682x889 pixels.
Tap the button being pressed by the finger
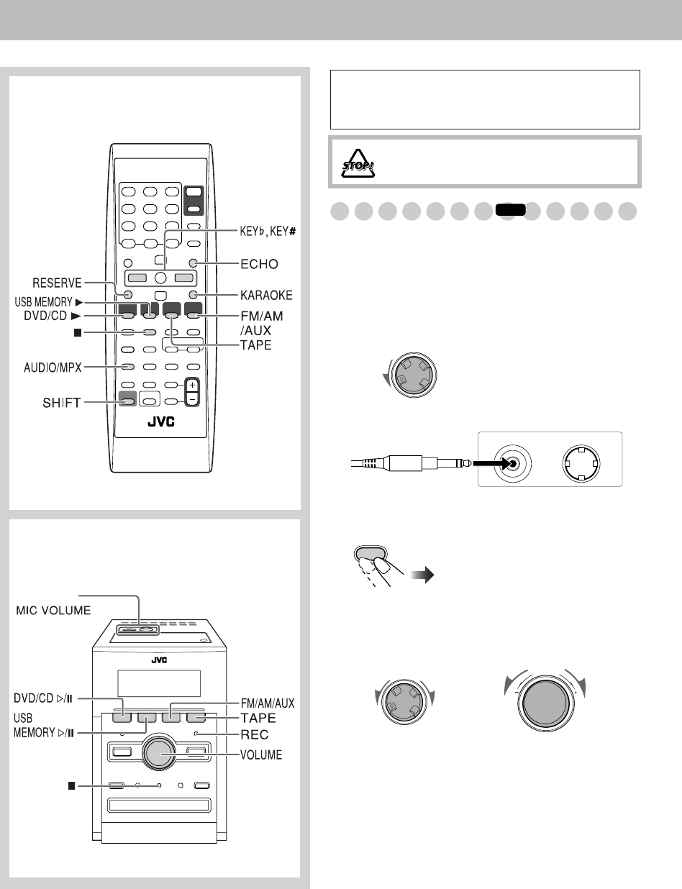coord(368,553)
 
